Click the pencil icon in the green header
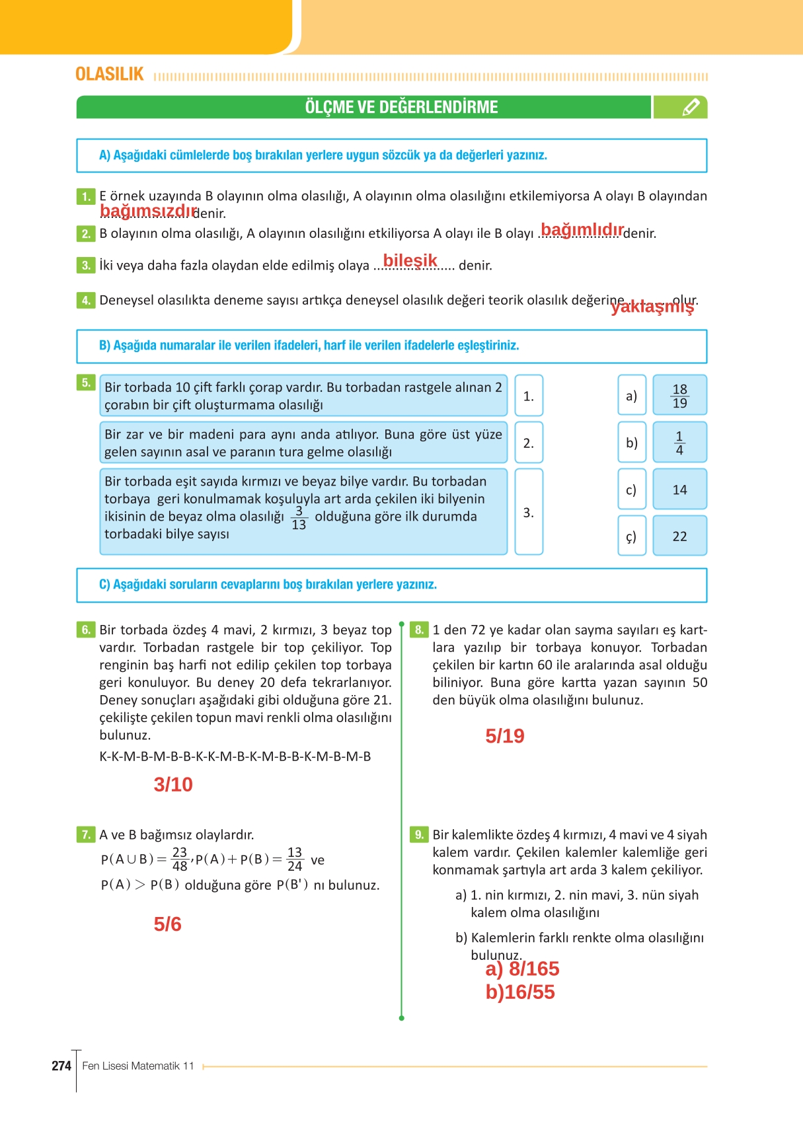(690, 107)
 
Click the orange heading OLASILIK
(110, 74)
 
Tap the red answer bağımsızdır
(148, 211)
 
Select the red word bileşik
(410, 260)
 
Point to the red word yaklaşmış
(652, 307)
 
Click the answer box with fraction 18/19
(679, 396)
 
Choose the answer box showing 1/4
(679, 443)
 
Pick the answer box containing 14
(679, 490)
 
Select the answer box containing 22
(679, 536)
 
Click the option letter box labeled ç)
(631, 536)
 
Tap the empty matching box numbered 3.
(528, 512)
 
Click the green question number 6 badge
(86, 630)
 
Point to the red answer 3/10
(173, 784)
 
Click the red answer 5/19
(504, 736)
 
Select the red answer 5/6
(167, 924)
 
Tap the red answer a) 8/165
(522, 969)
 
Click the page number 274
(61, 1066)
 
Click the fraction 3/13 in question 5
(299, 518)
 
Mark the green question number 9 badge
(419, 834)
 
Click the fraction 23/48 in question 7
(180, 860)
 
